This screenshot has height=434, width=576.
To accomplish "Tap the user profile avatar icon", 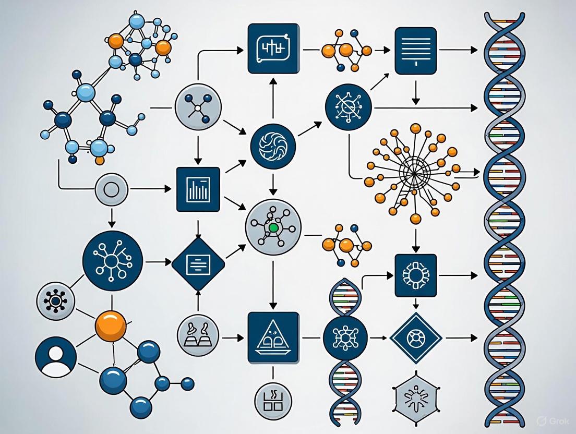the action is pyautogui.click(x=56, y=357).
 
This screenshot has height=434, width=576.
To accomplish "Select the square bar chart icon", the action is pyautogui.click(x=198, y=189).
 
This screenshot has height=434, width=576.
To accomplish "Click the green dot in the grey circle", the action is pyautogui.click(x=272, y=227).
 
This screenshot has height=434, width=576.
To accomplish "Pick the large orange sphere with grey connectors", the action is pyautogui.click(x=111, y=326).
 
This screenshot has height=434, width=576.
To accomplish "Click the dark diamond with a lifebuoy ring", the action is pyautogui.click(x=416, y=338).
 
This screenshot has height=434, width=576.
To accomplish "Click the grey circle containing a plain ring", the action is pyautogui.click(x=112, y=189).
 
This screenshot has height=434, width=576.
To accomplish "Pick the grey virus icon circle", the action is pyautogui.click(x=55, y=301).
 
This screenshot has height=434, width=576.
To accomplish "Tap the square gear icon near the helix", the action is pyautogui.click(x=416, y=275).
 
